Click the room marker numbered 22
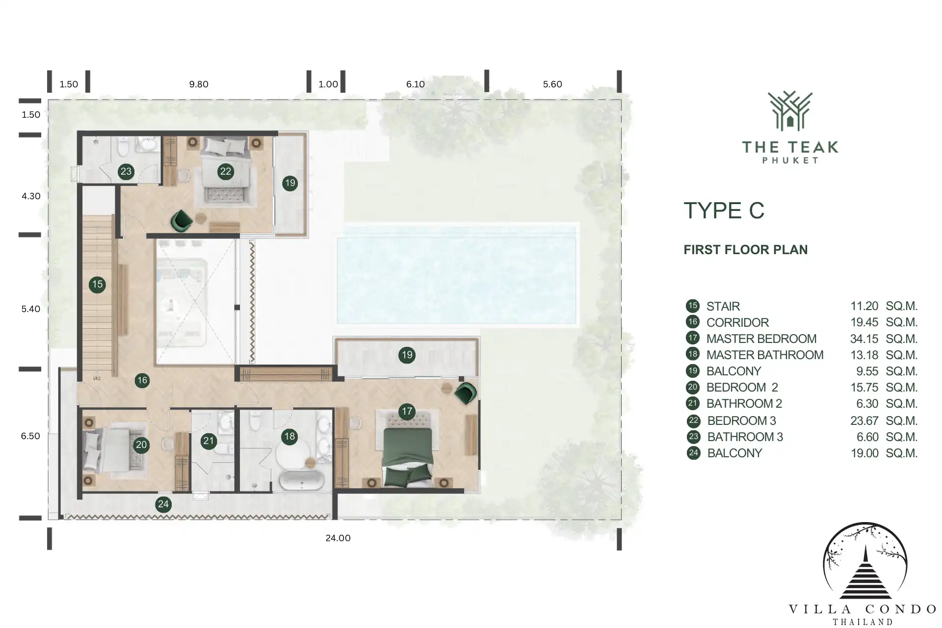click(x=225, y=171)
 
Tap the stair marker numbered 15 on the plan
click(x=97, y=284)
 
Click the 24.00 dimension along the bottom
click(x=338, y=538)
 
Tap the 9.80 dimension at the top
click(x=199, y=84)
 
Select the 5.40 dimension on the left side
click(x=31, y=309)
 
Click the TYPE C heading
click(x=724, y=210)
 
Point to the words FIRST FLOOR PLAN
click(x=745, y=250)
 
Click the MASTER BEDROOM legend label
click(x=761, y=339)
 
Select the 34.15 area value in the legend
click(x=864, y=339)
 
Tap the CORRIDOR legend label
click(x=737, y=322)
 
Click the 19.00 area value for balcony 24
click(x=864, y=453)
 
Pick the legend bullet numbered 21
click(x=693, y=403)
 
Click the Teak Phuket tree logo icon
click(x=790, y=111)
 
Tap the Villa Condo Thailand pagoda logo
click(x=865, y=561)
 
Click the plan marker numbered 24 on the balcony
click(x=163, y=504)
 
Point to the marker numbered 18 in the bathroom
click(x=289, y=436)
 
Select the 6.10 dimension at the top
click(x=416, y=84)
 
